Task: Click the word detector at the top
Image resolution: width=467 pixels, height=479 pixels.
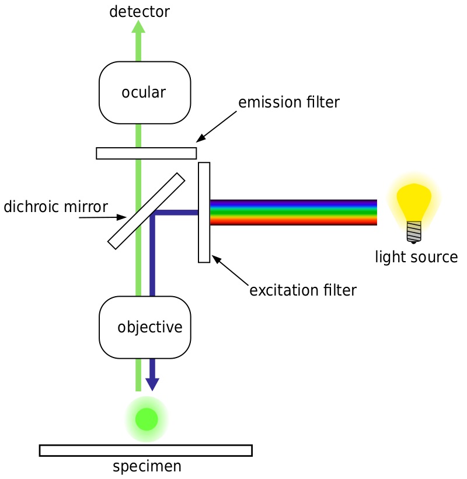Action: [x=139, y=11]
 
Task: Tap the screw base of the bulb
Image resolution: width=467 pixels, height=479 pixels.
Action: [x=414, y=232]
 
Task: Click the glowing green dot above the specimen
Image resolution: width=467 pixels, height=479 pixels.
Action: [x=147, y=419]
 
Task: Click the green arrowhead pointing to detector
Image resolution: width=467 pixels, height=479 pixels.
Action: [x=138, y=26]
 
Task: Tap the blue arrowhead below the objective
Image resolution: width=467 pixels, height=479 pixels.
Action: [x=152, y=384]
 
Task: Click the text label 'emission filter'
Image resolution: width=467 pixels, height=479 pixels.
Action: [x=288, y=103]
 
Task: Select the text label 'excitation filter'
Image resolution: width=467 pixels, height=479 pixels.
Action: [x=302, y=290]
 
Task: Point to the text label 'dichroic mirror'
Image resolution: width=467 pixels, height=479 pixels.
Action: [x=55, y=207]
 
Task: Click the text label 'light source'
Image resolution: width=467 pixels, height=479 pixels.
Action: [x=416, y=257]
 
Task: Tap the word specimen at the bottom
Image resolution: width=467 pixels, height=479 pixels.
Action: [x=147, y=467]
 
